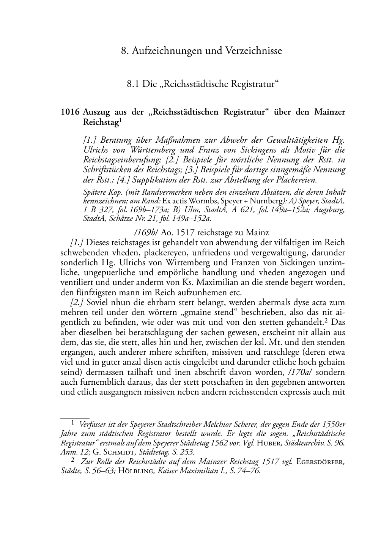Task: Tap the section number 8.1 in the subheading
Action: click(x=134, y=84)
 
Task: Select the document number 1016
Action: click(x=70, y=112)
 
